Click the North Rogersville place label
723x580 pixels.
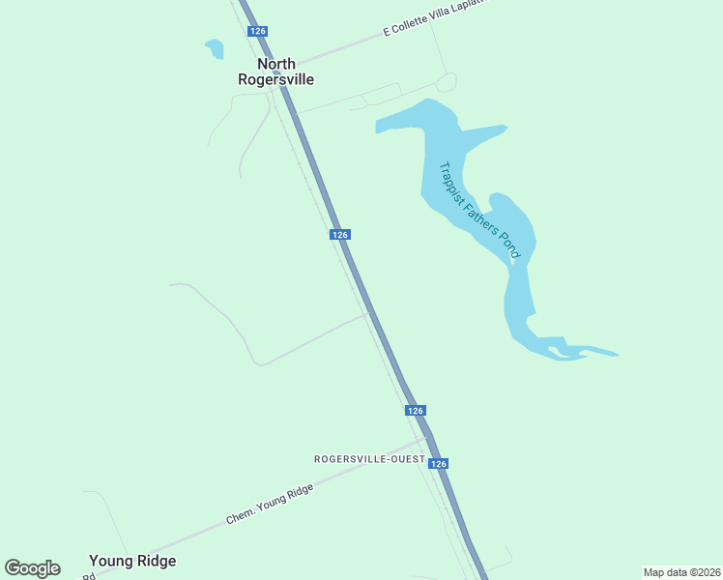point(275,72)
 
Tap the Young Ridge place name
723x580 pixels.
point(132,561)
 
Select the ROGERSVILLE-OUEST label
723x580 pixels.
point(369,458)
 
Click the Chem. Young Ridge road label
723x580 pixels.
point(270,504)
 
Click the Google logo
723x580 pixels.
point(32,568)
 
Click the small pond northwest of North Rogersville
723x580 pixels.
point(215,47)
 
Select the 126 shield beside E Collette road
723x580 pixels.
point(257,31)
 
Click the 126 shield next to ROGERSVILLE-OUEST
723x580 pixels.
point(439,464)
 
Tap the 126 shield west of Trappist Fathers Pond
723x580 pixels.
point(339,235)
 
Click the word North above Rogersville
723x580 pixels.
point(276,65)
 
